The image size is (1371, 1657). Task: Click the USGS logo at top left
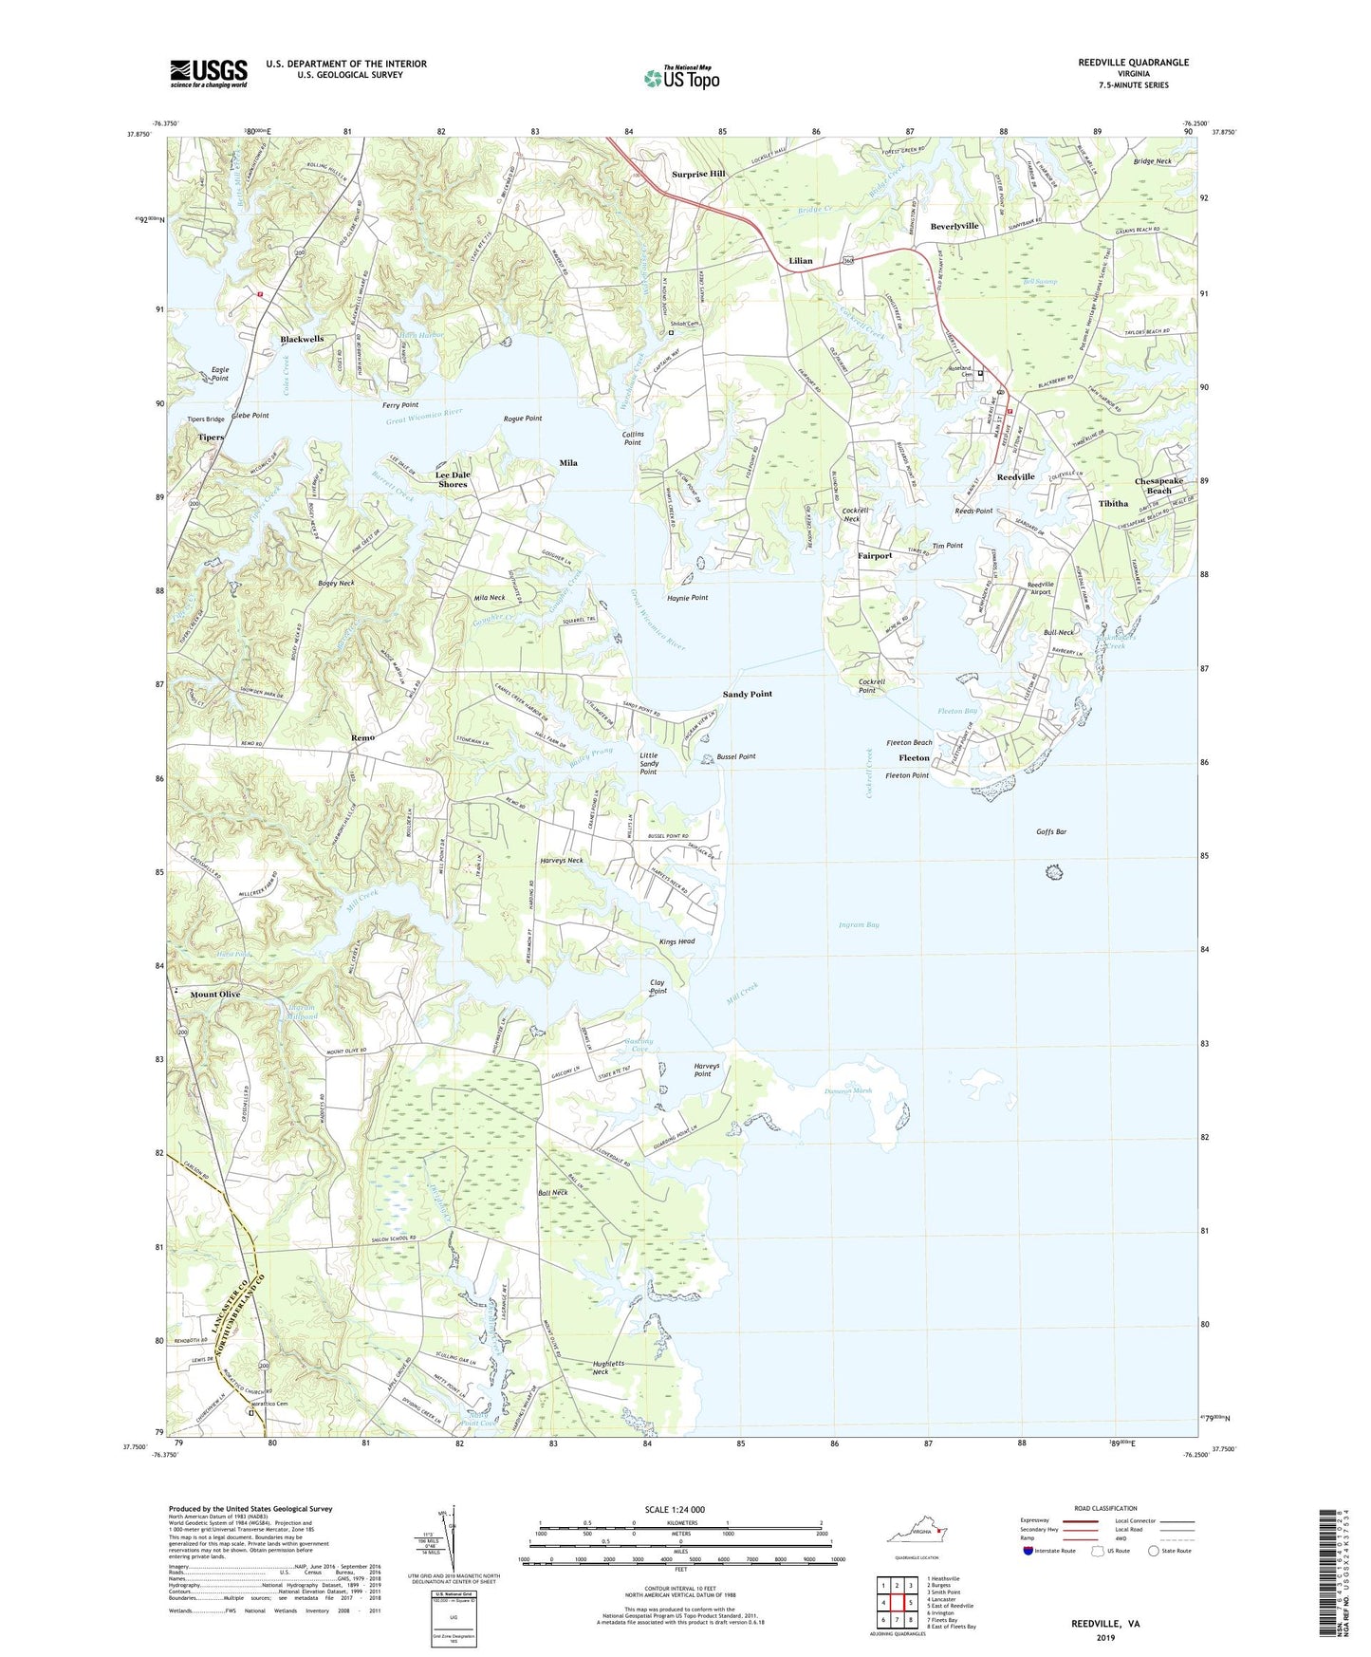pyautogui.click(x=209, y=73)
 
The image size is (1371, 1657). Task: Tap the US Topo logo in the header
pyautogui.click(x=681, y=78)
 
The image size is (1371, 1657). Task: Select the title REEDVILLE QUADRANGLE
pyautogui.click(x=1133, y=63)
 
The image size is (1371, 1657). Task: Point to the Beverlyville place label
pyautogui.click(x=954, y=227)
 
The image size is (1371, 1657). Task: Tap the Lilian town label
pyautogui.click(x=801, y=261)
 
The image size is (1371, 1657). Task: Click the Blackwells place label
pyautogui.click(x=302, y=340)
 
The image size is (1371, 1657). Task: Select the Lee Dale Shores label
pyautogui.click(x=453, y=479)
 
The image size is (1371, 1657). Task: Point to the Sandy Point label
pyautogui.click(x=747, y=695)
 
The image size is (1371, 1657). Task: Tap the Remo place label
pyautogui.click(x=362, y=737)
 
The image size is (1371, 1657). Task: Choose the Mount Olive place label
pyautogui.click(x=215, y=995)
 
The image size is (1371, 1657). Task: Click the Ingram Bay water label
pyautogui.click(x=859, y=924)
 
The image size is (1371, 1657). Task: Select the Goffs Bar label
pyautogui.click(x=1051, y=832)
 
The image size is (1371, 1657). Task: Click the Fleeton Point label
pyautogui.click(x=906, y=775)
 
